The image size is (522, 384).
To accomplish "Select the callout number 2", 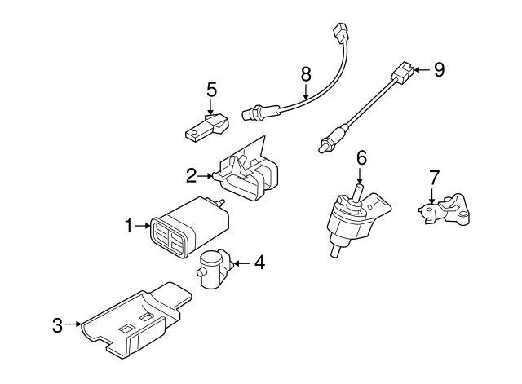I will point(190,174).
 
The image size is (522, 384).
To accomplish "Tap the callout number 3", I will point(57,325).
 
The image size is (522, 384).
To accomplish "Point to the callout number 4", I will point(259,263).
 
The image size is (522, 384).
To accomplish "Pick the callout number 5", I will point(211,90).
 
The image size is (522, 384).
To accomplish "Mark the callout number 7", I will point(434,177).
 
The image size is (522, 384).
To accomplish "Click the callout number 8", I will point(306,74).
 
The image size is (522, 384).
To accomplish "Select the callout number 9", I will point(439,69).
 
